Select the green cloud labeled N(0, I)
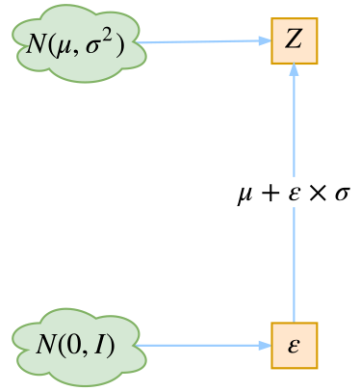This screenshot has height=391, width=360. pos(77,345)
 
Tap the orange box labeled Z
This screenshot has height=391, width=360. pos(294,39)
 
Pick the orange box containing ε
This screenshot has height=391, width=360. pos(294,345)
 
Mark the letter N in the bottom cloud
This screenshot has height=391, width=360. pos(47,345)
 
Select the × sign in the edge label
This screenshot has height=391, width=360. pos(317,195)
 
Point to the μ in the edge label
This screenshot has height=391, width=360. pos(246,195)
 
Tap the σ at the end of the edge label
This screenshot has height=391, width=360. pos(341,195)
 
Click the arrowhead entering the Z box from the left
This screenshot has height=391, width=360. pos(266,40)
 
